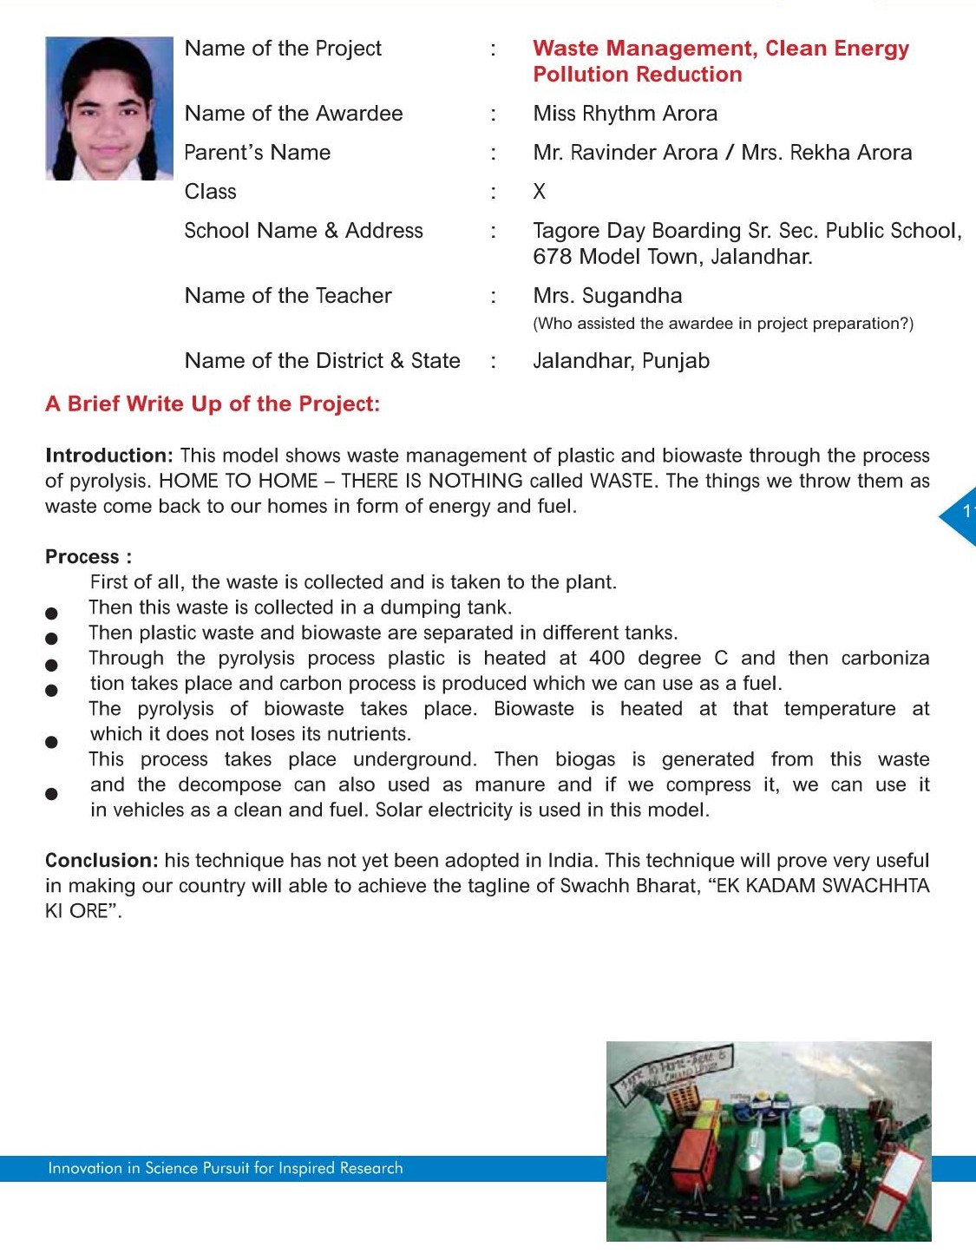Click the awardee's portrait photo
pyautogui.click(x=109, y=108)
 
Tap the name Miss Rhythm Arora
pyautogui.click(x=625, y=114)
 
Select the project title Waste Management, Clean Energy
pyautogui.click(x=720, y=49)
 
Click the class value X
pyautogui.click(x=539, y=192)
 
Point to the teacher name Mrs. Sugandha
pyautogui.click(x=607, y=296)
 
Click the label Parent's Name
pyautogui.click(x=257, y=153)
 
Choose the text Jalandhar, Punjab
pyautogui.click(x=620, y=361)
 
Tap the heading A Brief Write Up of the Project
pyautogui.click(x=213, y=403)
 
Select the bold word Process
pyautogui.click(x=82, y=557)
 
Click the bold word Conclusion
pyautogui.click(x=101, y=861)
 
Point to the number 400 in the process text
pyautogui.click(x=606, y=659)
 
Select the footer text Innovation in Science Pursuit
pyautogui.click(x=225, y=1168)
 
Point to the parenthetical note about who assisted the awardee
pyautogui.click(x=723, y=324)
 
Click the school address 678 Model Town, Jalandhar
pyautogui.click(x=672, y=257)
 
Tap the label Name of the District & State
pyautogui.click(x=322, y=361)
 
